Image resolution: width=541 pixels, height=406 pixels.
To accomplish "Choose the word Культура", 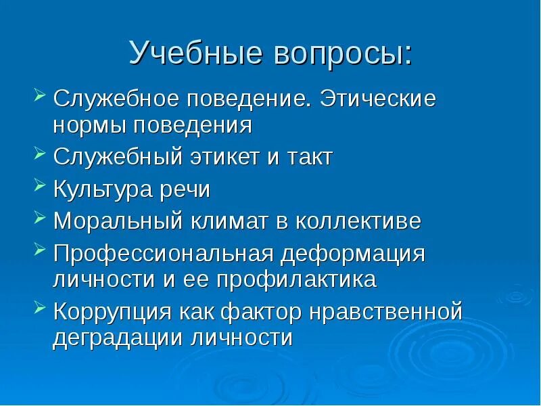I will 101,190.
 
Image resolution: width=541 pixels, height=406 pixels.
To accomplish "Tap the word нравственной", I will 385,312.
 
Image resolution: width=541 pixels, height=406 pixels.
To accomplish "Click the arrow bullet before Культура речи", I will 39,186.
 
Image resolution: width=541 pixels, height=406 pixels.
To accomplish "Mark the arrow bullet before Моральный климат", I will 39,217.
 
